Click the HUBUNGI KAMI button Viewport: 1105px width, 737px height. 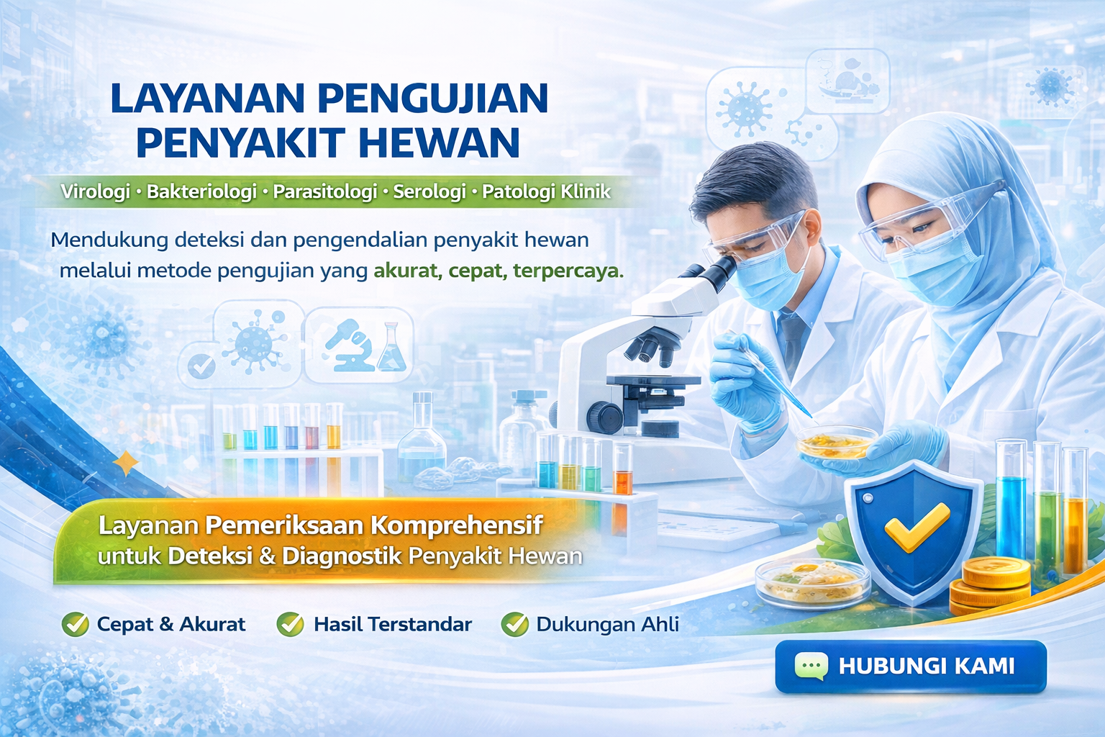[x=911, y=666]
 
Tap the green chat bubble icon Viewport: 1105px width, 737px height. [x=811, y=666]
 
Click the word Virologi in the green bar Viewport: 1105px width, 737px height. [x=95, y=191]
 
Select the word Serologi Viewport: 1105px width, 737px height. [x=429, y=191]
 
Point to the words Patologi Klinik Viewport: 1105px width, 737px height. [x=546, y=191]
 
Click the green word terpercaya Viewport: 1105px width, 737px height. [x=568, y=271]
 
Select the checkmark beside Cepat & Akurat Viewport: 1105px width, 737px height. [x=75, y=625]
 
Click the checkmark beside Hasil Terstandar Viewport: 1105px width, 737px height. [x=290, y=625]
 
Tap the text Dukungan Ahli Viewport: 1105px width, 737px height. [x=607, y=625]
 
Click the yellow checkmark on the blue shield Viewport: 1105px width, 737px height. [x=917, y=527]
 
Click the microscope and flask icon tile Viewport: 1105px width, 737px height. [x=359, y=346]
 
